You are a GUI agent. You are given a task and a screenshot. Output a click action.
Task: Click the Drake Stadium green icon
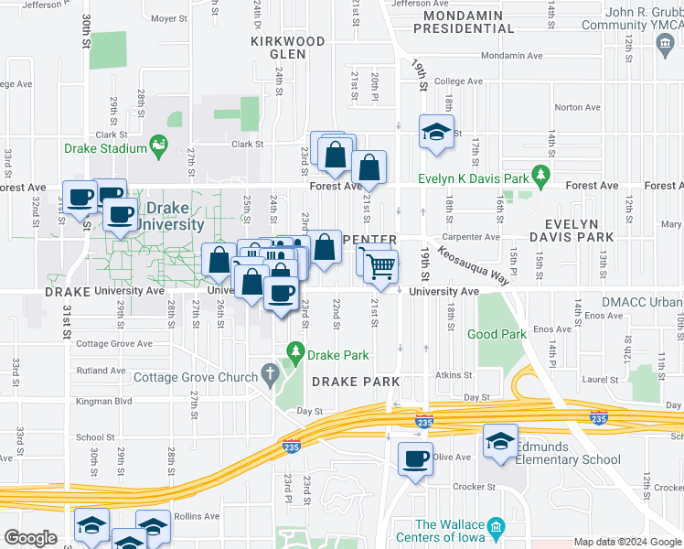[x=161, y=145]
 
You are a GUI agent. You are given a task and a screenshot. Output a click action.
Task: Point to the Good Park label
[x=497, y=335]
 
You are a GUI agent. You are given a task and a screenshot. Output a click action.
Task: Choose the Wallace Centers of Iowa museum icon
[x=497, y=527]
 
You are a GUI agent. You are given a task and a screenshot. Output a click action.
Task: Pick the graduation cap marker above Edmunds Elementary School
[x=500, y=440]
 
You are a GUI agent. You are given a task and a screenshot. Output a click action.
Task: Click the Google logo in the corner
[x=31, y=538]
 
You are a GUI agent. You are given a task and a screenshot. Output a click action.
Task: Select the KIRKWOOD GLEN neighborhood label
[x=287, y=48]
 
